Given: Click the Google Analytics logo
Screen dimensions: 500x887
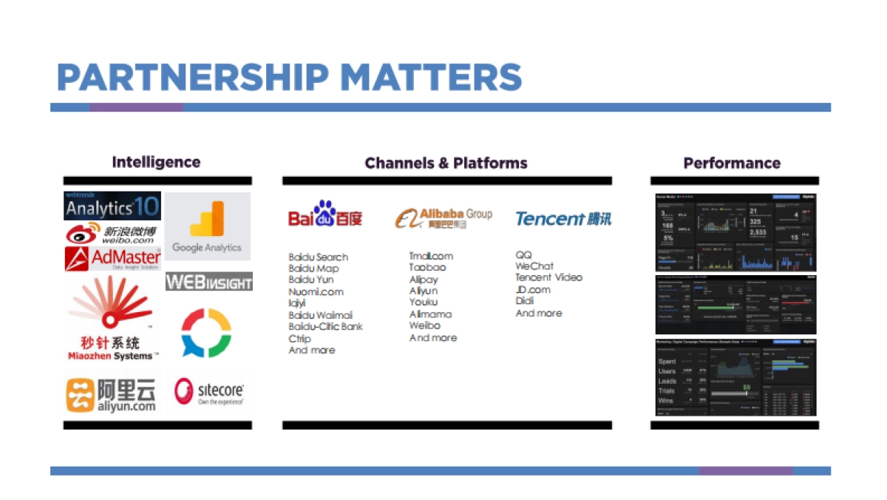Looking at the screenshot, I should coord(207,226).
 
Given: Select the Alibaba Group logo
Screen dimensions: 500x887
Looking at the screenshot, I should coord(443,217).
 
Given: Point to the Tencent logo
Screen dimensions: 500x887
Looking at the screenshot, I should coord(563,219).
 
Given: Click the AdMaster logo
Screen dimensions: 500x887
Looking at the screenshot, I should coord(112,258).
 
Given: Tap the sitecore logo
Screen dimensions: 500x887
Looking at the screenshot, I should coord(208,392).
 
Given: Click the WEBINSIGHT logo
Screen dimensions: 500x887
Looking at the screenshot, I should coord(208,282).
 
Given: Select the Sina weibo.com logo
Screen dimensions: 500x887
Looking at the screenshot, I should coord(112,234).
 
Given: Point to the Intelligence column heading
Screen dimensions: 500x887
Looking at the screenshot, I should coord(156,162).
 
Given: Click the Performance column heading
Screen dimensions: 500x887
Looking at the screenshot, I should coord(732,163).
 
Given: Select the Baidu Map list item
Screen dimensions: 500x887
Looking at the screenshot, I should coord(313,268).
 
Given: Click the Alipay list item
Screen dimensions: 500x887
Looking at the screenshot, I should coord(424,280).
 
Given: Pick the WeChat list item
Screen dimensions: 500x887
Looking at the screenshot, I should coord(534,266).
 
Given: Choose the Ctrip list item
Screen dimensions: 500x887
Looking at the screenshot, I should coord(301,338).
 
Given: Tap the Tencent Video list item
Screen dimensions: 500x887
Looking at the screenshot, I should coord(548,277).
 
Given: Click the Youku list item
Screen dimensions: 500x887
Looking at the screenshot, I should coord(424,303).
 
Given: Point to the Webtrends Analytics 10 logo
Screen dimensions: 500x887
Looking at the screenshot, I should coord(112,206).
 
